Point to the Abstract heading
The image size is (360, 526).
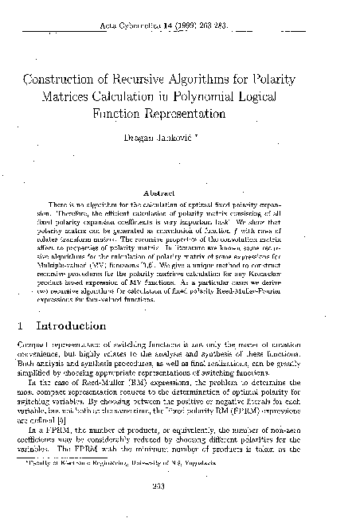pyautogui.click(x=180, y=192)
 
